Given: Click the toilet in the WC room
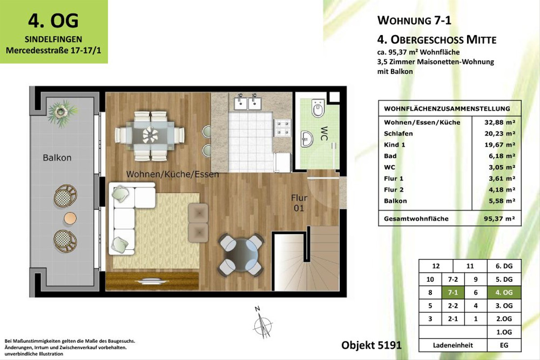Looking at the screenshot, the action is coord(318,108).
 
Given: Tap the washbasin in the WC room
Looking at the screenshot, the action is coord(307,139).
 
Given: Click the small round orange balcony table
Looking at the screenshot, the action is coord(70,218).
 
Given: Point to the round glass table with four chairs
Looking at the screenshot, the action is coord(240,255).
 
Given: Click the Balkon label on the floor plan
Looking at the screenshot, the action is coord(57,157).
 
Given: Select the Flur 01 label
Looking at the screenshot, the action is coord(299,203).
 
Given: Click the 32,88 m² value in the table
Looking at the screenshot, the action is coord(500,122).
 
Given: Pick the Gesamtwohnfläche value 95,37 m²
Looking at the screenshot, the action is coord(499,219).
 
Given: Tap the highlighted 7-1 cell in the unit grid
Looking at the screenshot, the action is coord(453,292).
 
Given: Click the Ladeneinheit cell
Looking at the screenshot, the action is coord(453,345).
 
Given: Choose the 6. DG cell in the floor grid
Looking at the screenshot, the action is coord(504,266).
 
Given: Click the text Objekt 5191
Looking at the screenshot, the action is coord(372,345).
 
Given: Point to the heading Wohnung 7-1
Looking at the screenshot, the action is coord(414,20).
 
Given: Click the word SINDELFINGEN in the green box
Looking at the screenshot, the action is coord(54,39).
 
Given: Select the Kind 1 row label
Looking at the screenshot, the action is coord(394,145).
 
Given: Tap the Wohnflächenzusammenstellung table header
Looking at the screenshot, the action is coord(447,109).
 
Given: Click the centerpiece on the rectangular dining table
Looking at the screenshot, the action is coord(150,135).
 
